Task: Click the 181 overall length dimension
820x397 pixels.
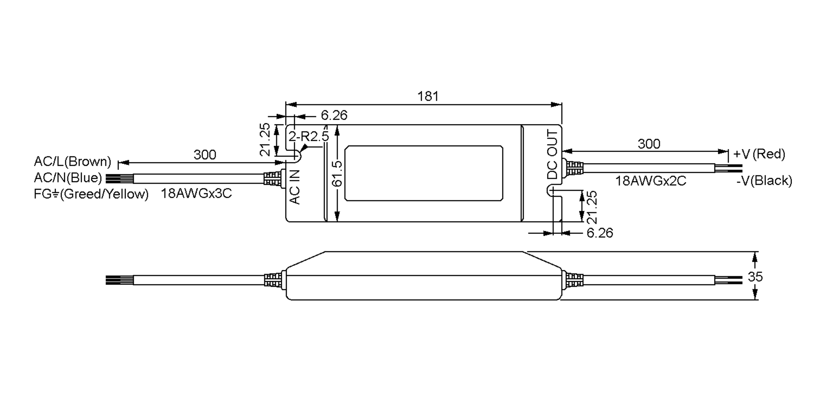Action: click(x=428, y=96)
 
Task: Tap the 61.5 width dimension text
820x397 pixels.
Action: click(x=337, y=174)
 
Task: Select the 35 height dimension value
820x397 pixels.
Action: click(x=755, y=277)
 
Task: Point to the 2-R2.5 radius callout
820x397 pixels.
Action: click(x=309, y=136)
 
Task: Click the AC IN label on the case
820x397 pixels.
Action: click(x=295, y=187)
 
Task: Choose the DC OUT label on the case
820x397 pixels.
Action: click(x=552, y=154)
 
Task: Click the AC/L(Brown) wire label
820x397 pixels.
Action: click(x=73, y=161)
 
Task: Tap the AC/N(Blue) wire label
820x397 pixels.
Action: click(x=68, y=178)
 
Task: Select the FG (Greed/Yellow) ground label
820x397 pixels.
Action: click(x=91, y=194)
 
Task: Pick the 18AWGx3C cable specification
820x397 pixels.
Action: click(x=196, y=193)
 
